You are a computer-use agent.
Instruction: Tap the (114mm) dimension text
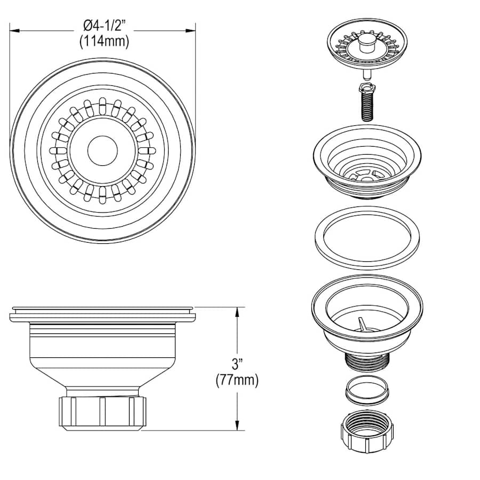pyautogui.click(x=104, y=41)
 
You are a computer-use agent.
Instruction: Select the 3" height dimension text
pyautogui.click(x=237, y=364)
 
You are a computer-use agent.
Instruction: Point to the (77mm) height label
pyautogui.click(x=237, y=380)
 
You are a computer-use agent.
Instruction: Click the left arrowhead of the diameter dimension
pyautogui.click(x=15, y=30)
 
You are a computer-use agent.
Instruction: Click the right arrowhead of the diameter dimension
pyautogui.click(x=191, y=30)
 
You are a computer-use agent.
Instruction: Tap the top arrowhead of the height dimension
pyautogui.click(x=237, y=312)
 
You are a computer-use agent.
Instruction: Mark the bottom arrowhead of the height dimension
pyautogui.click(x=237, y=426)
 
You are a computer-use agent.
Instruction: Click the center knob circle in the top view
pyautogui.click(x=102, y=150)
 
